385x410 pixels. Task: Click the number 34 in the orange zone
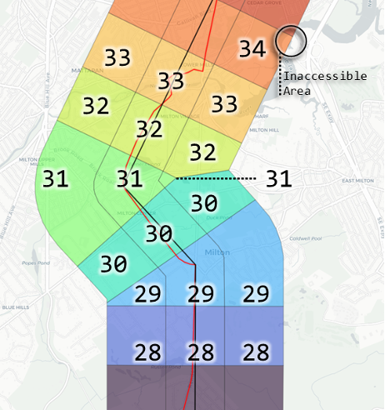pos(252,48)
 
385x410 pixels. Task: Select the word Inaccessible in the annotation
pos(325,76)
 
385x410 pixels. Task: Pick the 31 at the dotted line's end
pos(279,178)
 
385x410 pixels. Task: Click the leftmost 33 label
pos(117,57)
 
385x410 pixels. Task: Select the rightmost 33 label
pos(224,104)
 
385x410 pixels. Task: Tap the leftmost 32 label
pos(96,107)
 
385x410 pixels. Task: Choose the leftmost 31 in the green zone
pos(55,178)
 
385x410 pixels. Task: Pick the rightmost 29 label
pos(257,293)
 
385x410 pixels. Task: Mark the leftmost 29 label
pos(148,293)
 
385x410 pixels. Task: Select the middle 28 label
pos(200,352)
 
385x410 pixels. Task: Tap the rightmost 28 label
pos(257,352)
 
